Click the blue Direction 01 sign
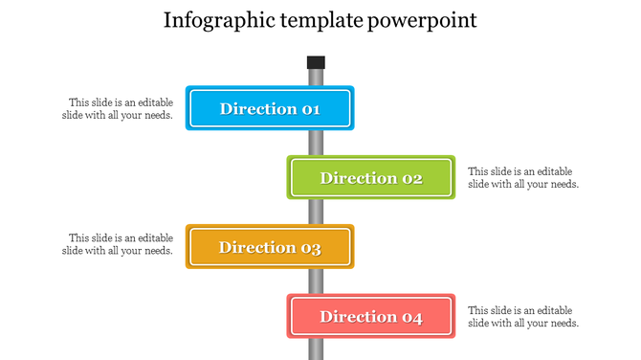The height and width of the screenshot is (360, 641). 271,108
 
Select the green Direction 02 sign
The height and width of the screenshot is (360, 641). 371,178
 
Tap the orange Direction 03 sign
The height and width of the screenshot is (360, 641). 271,247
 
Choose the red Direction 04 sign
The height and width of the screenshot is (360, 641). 371,317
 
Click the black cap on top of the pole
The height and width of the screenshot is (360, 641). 316,62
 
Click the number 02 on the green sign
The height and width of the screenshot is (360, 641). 411,178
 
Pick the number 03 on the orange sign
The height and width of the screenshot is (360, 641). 311,248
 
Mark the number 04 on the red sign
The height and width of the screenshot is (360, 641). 411,317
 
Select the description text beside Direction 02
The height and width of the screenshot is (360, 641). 522,178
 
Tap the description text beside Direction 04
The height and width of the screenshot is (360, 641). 522,317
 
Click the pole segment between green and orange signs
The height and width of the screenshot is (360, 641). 316,212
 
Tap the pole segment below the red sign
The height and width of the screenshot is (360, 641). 316,349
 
